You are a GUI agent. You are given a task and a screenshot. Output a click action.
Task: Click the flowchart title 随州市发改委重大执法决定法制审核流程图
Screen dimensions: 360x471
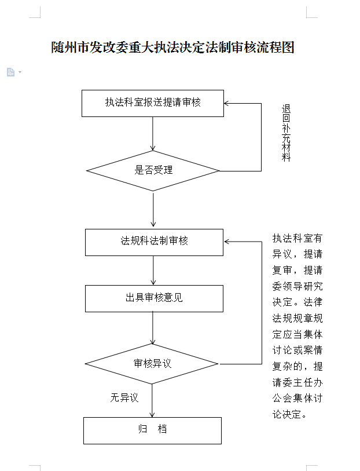pos(173,48)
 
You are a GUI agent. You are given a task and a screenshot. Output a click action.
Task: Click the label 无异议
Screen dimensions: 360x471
pos(124,397)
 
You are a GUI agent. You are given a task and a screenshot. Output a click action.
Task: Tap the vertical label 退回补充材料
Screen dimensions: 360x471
pos(286,133)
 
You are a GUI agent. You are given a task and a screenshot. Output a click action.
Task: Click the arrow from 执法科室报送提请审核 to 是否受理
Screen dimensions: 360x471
pos(153,134)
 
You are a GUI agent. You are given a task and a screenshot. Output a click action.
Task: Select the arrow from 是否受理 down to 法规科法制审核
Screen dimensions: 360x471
pos(153,210)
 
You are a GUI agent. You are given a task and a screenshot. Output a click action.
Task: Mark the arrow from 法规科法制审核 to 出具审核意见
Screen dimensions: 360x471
pos(153,271)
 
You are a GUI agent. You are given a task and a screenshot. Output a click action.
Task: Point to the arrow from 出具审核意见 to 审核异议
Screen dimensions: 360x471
pos(153,328)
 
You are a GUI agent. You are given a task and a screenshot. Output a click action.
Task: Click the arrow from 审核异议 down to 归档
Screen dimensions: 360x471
pos(152,400)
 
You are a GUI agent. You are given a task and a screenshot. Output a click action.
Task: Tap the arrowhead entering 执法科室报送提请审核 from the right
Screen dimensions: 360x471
pos(226,103)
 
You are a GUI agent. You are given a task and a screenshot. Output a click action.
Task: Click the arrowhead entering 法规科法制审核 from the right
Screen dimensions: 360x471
pos(226,242)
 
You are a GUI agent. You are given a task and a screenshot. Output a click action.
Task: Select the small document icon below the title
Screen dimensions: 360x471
pos(11,72)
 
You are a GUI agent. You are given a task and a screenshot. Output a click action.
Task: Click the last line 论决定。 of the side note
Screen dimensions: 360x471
pos(289,414)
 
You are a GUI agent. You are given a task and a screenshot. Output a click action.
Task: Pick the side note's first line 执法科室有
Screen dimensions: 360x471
pos(297,239)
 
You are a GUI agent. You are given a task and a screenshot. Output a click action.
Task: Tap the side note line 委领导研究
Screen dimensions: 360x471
pos(297,286)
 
